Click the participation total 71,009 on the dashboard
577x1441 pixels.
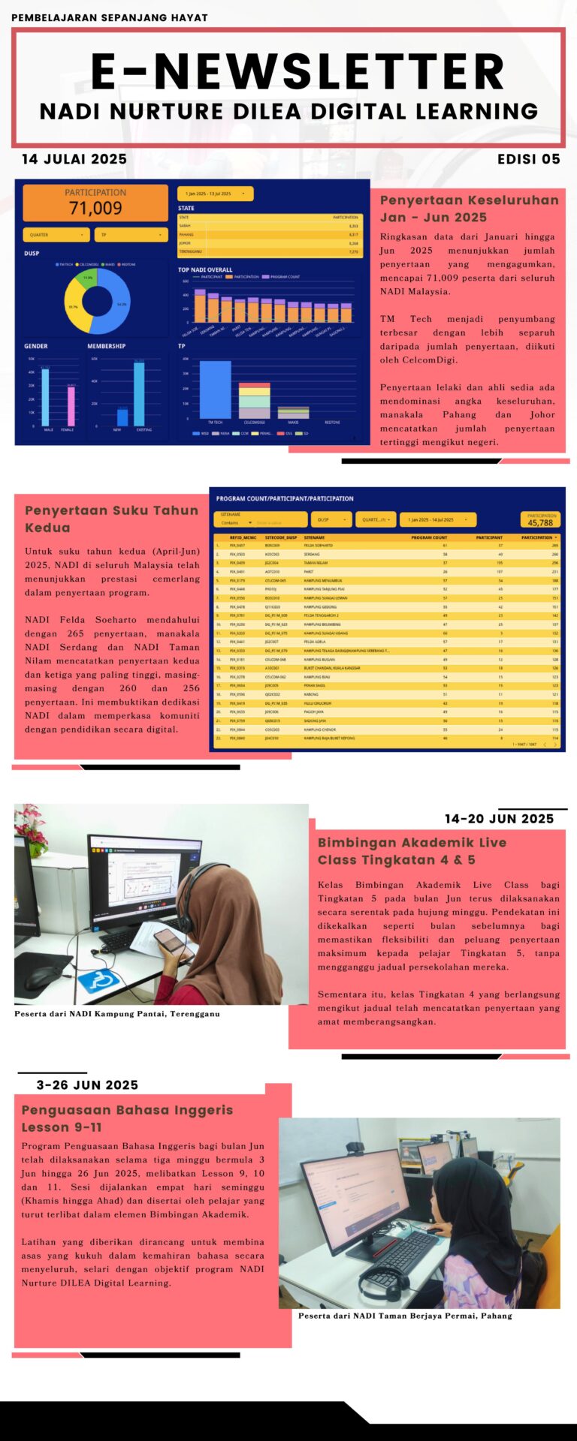click(x=95, y=208)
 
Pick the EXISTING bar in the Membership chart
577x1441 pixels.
click(x=139, y=394)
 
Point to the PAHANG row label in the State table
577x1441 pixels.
click(x=186, y=234)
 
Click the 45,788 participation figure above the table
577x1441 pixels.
click(x=540, y=522)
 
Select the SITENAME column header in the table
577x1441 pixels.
click(x=314, y=537)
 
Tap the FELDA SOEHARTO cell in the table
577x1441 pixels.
click(x=318, y=546)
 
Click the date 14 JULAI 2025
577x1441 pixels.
click(x=74, y=159)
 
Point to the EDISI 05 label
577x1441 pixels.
click(x=528, y=159)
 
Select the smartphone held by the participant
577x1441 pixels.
click(x=168, y=938)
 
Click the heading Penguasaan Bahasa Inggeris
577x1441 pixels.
click(x=127, y=1109)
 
